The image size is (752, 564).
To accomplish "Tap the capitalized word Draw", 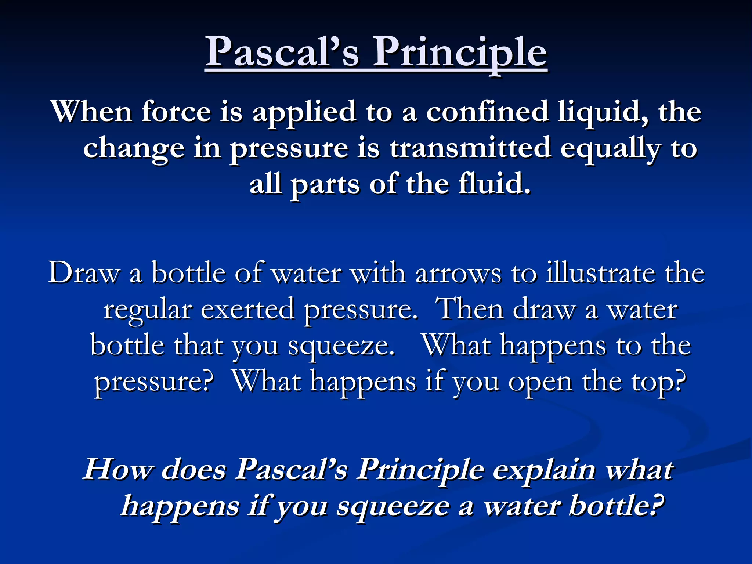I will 84,273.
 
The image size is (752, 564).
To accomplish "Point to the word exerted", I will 247,310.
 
